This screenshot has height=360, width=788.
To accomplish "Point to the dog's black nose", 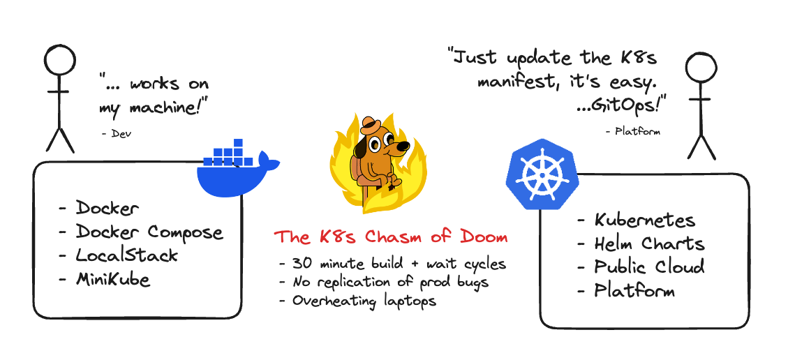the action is click(x=403, y=146).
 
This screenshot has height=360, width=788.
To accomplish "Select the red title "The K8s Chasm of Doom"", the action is click(x=390, y=237).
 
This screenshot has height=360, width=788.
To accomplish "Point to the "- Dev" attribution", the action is click(x=116, y=134).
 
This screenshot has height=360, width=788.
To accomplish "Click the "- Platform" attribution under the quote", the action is click(x=633, y=131).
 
